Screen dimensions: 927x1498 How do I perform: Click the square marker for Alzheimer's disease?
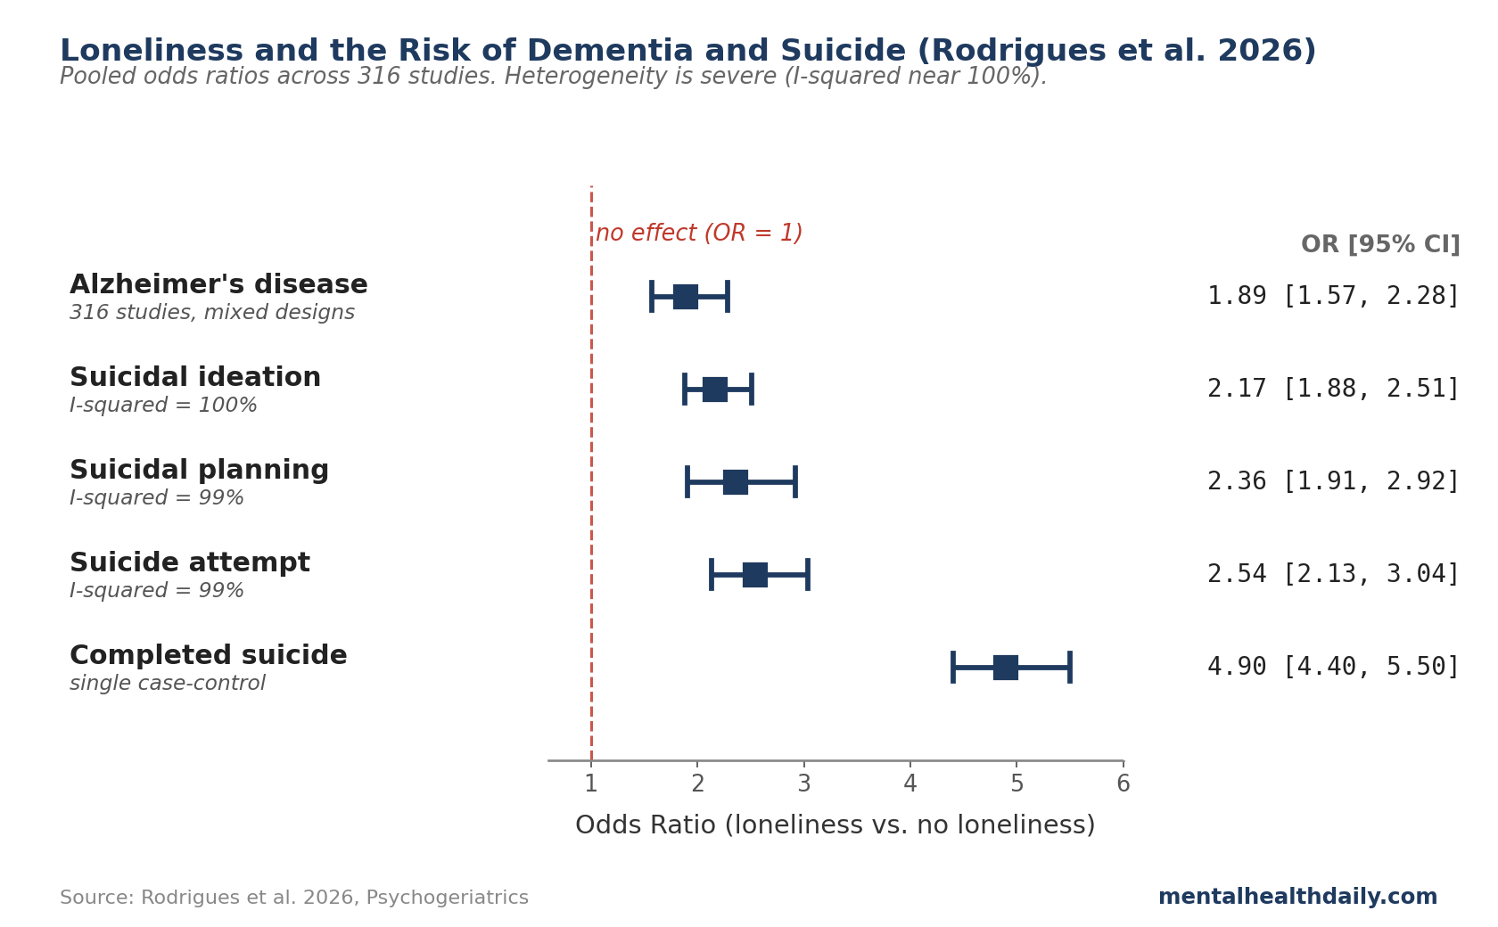pos(686,297)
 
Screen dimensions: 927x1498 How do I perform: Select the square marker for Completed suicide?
pos(1006,668)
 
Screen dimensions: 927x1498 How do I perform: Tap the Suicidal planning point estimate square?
pos(736,482)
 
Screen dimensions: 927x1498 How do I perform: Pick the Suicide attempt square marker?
pos(755,575)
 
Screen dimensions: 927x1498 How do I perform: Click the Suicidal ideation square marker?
pos(715,390)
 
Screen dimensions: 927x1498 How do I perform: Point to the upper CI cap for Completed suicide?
pos(1069,668)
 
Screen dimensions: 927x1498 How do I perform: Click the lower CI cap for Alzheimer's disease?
pos(652,297)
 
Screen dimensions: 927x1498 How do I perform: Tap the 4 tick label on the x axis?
pos(910,784)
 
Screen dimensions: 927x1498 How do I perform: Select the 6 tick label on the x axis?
pos(1123,784)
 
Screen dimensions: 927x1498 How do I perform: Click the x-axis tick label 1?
pos(591,784)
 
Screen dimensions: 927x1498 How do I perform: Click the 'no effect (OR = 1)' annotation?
pos(699,234)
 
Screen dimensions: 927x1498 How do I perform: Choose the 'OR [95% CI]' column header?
pos(1380,245)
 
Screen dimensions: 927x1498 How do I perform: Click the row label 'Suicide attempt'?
pos(190,563)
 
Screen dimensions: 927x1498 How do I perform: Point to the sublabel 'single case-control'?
pos(168,684)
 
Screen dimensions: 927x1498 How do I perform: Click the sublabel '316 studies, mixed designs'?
pos(212,313)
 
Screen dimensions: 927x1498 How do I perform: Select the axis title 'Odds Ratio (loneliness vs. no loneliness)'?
pos(835,825)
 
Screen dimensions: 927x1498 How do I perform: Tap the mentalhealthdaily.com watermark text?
pos(1297,898)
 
